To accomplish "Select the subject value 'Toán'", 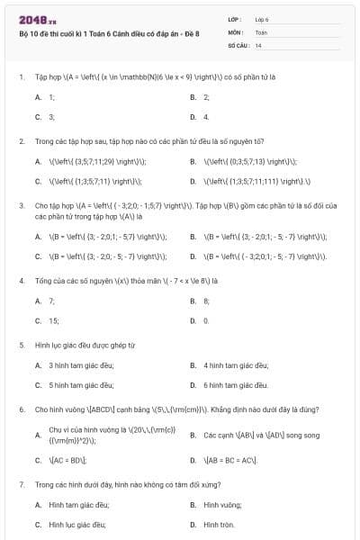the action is pos(261,31).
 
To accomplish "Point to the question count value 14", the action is pos(258,44).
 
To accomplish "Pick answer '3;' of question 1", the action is pos(51,116).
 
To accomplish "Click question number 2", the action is pos(21,141).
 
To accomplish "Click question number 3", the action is pos(21,205).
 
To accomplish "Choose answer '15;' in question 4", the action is pos(53,320).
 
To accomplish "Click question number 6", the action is pos(21,409).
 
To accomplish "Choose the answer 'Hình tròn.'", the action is pos(219,524).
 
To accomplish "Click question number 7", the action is pos(21,484).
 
